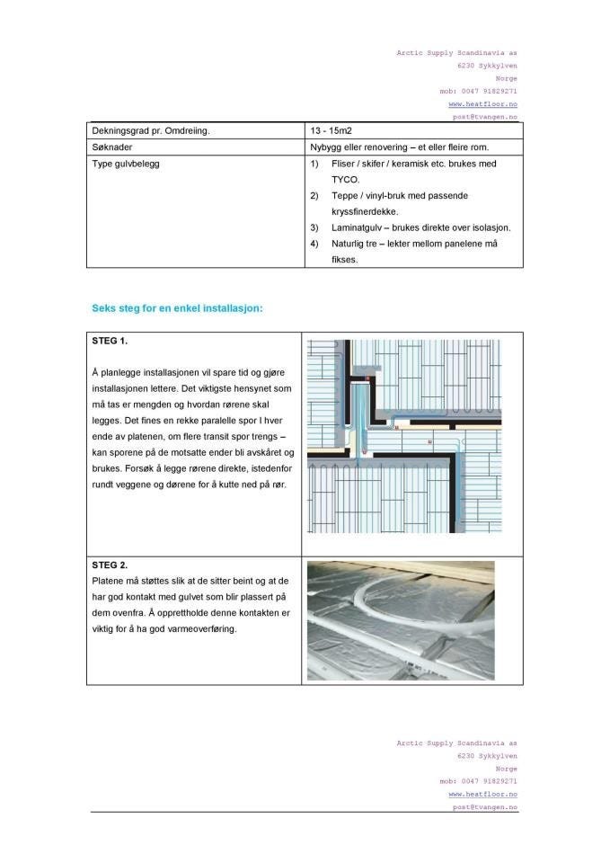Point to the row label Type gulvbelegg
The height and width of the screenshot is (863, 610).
tap(127, 164)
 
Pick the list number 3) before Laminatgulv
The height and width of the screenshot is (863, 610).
tap(314, 227)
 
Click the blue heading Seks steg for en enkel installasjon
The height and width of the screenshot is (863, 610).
tap(177, 308)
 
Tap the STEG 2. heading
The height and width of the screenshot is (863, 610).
tap(111, 565)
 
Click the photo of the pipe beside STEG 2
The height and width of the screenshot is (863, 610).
tap(401, 620)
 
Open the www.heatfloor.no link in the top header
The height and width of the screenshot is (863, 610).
tap(482, 104)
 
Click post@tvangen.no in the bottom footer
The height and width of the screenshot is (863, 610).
tap(483, 807)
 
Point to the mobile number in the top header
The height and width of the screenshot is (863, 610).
tap(478, 91)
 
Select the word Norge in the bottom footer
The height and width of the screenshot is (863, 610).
tap(506, 770)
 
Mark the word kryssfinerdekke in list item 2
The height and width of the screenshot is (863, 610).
tap(358, 211)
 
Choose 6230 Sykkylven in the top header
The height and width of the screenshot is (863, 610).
tap(487, 66)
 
